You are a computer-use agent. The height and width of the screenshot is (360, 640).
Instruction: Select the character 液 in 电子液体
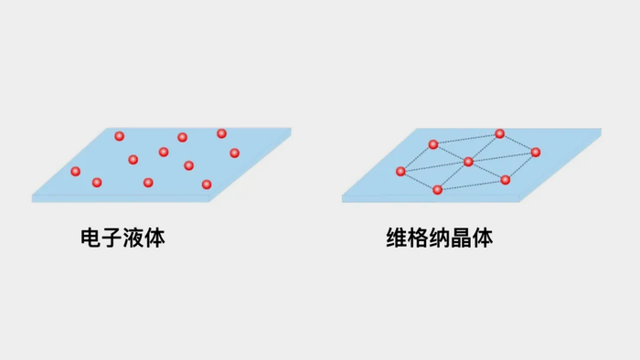tap(135, 239)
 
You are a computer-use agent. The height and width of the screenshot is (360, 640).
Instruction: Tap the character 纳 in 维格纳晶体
tap(441, 239)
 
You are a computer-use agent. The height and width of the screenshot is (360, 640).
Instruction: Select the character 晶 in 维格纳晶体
tap(462, 239)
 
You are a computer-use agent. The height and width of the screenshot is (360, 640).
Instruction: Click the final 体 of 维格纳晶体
tap(483, 239)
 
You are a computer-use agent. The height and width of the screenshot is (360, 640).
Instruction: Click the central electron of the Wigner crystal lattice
tap(468, 162)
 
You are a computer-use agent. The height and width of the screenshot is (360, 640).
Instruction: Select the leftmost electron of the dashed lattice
tap(400, 171)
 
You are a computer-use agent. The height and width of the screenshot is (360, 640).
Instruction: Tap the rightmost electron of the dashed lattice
tap(536, 152)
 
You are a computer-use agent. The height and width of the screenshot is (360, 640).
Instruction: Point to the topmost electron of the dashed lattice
tap(500, 133)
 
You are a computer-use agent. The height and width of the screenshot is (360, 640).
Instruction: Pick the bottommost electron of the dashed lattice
tap(438, 189)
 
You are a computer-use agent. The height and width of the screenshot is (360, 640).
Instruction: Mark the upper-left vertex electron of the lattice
tap(433, 143)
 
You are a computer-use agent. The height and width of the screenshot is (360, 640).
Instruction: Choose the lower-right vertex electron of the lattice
tap(506, 179)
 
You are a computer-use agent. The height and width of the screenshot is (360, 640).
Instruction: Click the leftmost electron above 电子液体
tap(76, 171)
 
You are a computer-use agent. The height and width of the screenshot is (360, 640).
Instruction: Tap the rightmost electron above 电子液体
tap(235, 153)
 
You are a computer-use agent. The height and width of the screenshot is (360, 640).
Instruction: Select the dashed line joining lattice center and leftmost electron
tap(434, 166)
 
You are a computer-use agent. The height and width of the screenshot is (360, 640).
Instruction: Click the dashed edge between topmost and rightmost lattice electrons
tap(518, 143)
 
